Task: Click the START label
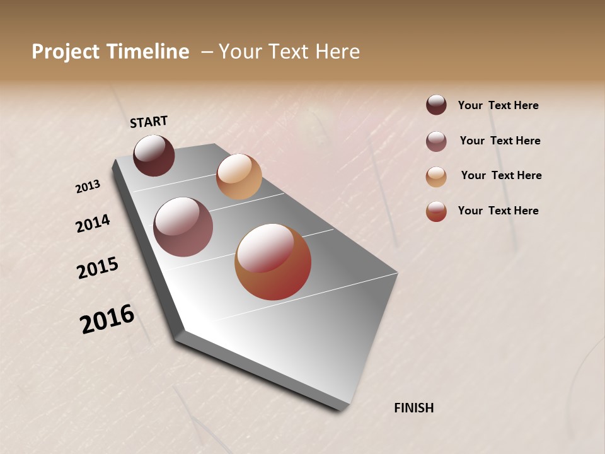[x=149, y=122]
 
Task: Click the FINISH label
[x=413, y=408]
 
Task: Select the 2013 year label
[x=88, y=186]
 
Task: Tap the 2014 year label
[x=93, y=223]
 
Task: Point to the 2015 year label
[x=98, y=268]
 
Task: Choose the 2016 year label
[x=107, y=319]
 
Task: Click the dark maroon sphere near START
[x=154, y=156]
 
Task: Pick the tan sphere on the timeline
[x=239, y=177]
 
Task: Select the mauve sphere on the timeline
[x=183, y=227]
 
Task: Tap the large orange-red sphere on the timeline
[x=273, y=262]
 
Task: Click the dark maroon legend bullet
[x=436, y=105]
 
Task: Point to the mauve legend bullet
[x=436, y=141]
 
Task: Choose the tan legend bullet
[x=436, y=177]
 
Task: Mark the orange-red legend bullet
[x=436, y=211]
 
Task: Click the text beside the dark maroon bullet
[x=498, y=106]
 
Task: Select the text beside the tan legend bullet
[x=501, y=175]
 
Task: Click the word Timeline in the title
[x=147, y=52]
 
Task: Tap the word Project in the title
[x=66, y=52]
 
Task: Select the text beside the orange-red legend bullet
[x=498, y=211]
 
